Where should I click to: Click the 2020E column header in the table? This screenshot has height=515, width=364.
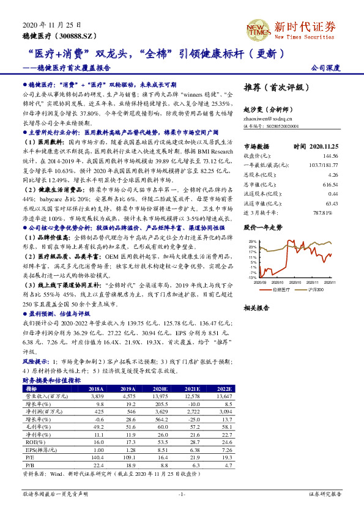click(x=160, y=388)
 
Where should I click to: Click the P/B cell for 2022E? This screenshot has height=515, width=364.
click(x=226, y=465)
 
